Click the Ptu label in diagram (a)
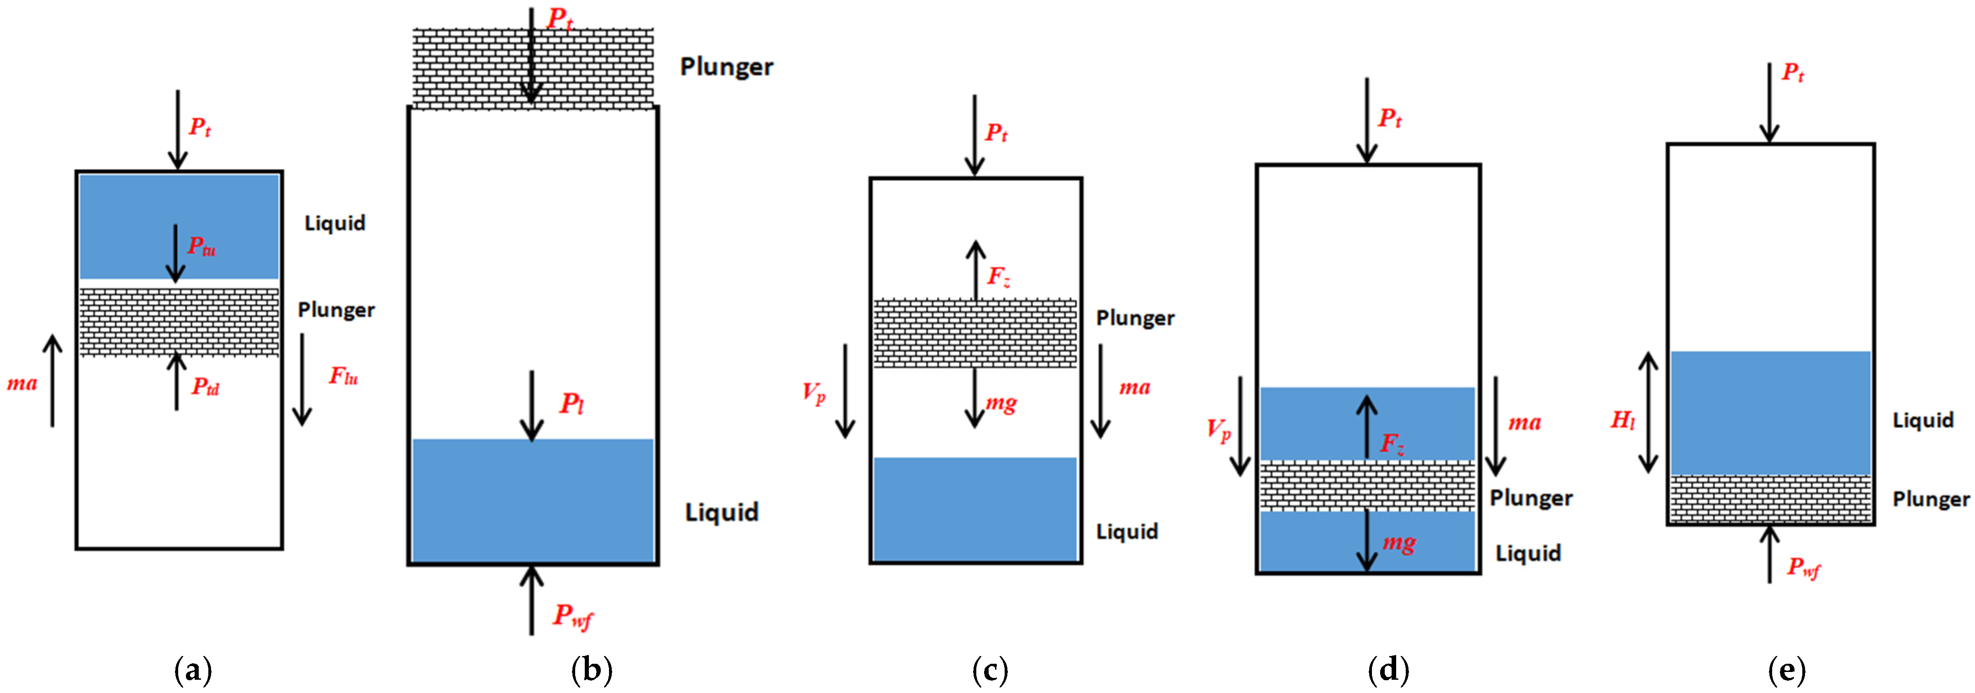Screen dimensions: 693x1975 point(201,247)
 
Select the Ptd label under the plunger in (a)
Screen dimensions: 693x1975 point(205,387)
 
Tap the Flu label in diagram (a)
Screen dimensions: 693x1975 point(343,376)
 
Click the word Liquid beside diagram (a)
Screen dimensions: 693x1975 point(335,223)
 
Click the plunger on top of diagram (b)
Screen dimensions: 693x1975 point(533,68)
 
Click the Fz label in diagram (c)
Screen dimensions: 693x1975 point(998,276)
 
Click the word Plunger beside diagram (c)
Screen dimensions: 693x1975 point(1135,318)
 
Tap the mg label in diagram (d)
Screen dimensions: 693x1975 point(1399,544)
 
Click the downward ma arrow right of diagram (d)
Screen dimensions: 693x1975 point(1495,425)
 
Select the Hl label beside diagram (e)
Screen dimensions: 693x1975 point(1622,420)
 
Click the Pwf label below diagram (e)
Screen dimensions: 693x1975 point(1803,568)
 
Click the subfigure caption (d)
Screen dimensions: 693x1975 point(1388,671)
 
